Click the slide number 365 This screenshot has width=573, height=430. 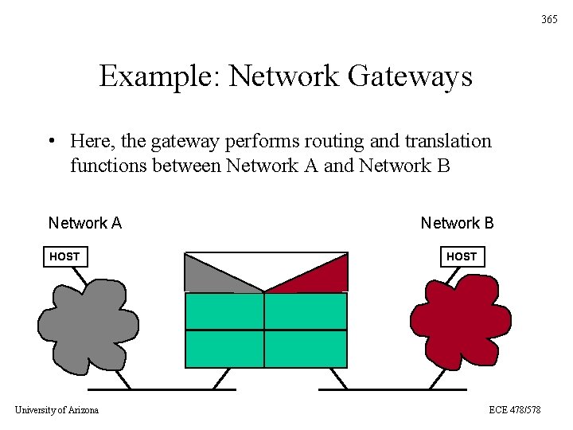549,19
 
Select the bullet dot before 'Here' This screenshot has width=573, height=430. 50,143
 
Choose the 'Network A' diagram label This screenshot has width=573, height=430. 85,223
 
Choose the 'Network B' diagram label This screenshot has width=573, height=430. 457,223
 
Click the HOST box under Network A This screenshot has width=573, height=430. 64,256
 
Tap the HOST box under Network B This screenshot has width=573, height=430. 462,256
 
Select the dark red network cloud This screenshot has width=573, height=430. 460,322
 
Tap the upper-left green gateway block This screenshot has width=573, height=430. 224,311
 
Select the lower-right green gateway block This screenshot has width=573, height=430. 306,349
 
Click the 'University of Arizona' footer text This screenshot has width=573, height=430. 57,409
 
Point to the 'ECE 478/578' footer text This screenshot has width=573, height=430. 515,409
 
